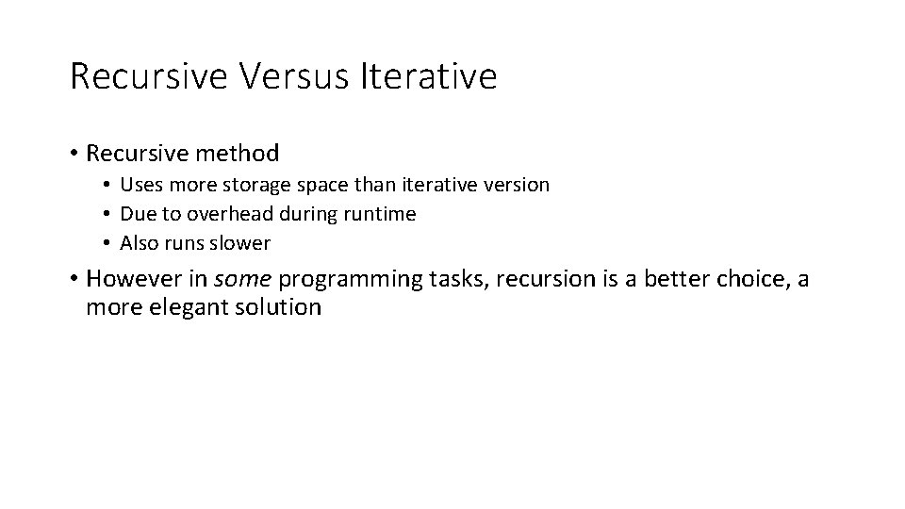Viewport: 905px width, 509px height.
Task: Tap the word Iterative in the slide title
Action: coord(428,76)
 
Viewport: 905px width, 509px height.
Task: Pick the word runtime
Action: coord(380,214)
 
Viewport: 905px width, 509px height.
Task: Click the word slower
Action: coord(239,243)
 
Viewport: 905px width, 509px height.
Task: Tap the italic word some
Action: coord(246,279)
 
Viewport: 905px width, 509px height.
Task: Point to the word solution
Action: coord(280,307)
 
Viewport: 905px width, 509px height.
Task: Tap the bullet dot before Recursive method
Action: coord(73,153)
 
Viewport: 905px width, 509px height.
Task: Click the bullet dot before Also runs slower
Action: coord(109,243)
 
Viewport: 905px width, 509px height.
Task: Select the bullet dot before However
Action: coord(73,279)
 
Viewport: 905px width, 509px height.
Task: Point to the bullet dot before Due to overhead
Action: coord(109,214)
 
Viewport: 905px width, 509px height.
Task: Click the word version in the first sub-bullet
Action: coord(516,185)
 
